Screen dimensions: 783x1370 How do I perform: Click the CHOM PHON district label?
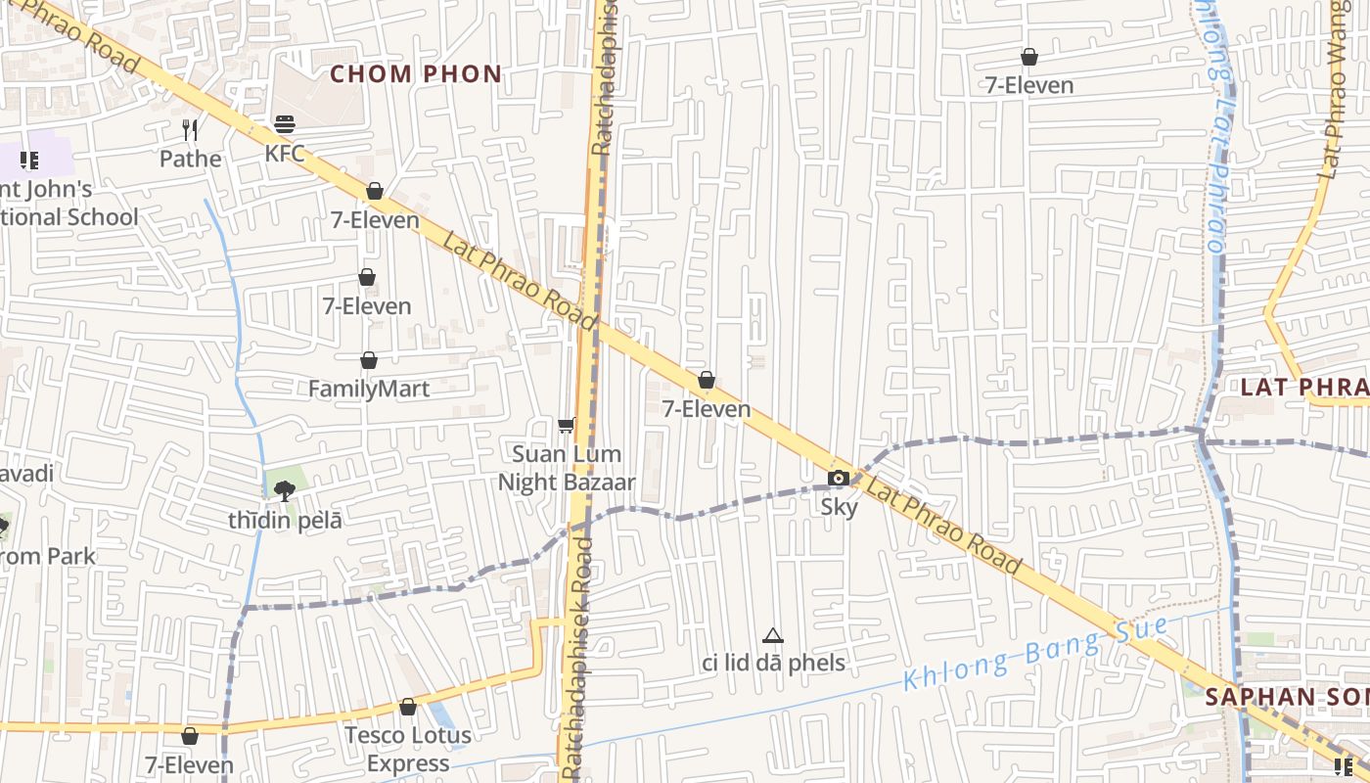(416, 73)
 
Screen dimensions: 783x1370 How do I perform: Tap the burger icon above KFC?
(285, 124)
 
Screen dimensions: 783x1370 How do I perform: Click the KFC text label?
(285, 154)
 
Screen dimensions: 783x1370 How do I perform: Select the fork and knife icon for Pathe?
(191, 129)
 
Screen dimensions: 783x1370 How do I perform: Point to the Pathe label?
(191, 159)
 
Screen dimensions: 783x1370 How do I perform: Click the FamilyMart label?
(369, 389)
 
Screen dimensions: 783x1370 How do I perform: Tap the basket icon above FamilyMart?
(369, 360)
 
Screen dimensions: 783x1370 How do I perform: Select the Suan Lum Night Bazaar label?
(567, 468)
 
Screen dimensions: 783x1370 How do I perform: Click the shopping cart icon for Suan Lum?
(566, 425)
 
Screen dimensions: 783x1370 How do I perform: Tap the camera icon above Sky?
(839, 478)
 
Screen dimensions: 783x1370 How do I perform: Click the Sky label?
(839, 507)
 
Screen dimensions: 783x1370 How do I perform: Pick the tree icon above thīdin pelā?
(285, 490)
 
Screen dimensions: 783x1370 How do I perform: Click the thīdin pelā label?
(286, 521)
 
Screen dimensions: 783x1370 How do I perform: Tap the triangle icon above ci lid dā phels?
(773, 635)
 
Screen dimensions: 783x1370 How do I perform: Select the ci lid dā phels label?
(773, 663)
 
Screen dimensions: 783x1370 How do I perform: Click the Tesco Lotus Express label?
(408, 749)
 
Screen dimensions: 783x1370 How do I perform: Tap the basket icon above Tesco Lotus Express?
(408, 707)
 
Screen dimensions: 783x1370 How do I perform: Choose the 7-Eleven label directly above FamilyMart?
(367, 306)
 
